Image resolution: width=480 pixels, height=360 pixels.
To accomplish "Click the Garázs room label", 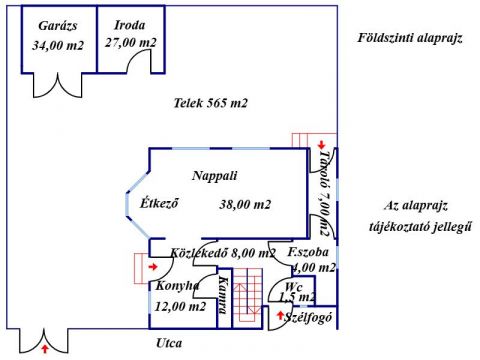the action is point(58,26).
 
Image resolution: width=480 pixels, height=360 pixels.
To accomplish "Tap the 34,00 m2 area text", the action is point(58,45).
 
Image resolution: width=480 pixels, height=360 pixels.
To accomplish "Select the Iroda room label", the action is point(130,25).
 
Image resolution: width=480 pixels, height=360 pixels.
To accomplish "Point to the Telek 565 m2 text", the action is point(211,103).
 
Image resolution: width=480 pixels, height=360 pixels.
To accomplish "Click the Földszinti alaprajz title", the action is point(410,38).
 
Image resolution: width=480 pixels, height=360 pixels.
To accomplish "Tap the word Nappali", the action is point(215,176).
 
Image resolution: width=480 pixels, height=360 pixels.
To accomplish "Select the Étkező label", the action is point(159,202).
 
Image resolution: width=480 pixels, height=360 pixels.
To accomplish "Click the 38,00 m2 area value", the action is point(245,204).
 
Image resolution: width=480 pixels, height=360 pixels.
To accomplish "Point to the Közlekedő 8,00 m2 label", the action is point(223,253).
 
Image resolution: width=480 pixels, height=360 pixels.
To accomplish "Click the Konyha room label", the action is point(178,286).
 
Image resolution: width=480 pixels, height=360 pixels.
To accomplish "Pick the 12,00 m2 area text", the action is point(180,306).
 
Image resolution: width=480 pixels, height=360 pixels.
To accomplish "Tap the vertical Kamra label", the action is point(224,295).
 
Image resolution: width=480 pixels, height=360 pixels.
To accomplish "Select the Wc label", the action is point(294,287).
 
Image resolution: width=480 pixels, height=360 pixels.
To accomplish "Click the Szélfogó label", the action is point(308,318).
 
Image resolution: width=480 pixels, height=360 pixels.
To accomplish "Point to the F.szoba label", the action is point(308,252).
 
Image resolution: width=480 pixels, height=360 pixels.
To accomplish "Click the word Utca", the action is point(169,343).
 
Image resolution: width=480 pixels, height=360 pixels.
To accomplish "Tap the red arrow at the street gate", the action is point(44,349).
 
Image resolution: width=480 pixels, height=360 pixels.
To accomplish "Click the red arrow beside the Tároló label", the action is point(321,145).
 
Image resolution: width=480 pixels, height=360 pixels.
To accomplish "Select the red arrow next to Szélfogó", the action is point(280,315).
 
